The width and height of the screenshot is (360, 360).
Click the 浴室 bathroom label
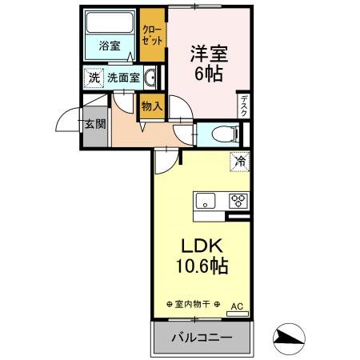tap(110, 46)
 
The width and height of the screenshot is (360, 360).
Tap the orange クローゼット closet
tap(150, 34)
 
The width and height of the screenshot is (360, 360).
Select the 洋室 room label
tap(209, 54)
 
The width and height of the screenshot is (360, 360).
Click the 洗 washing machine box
tap(94, 78)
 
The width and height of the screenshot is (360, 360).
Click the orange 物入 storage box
tap(151, 106)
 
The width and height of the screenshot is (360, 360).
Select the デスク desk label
tap(243, 106)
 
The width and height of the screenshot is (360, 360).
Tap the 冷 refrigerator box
tap(239, 161)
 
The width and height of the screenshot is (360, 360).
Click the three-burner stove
tap(238, 201)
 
